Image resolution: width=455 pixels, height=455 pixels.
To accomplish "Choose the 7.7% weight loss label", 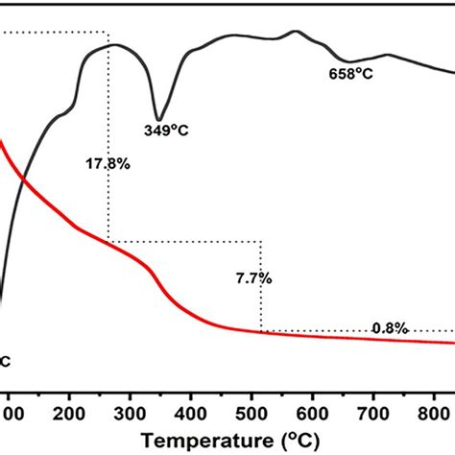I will (253, 278).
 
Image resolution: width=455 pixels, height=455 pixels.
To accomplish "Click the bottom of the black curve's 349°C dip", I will (158, 119).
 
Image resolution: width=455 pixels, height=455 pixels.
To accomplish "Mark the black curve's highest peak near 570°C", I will (295, 31).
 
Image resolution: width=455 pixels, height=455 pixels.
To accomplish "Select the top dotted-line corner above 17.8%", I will (108, 34).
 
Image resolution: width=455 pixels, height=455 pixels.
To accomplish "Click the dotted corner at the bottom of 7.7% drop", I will (260, 332).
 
